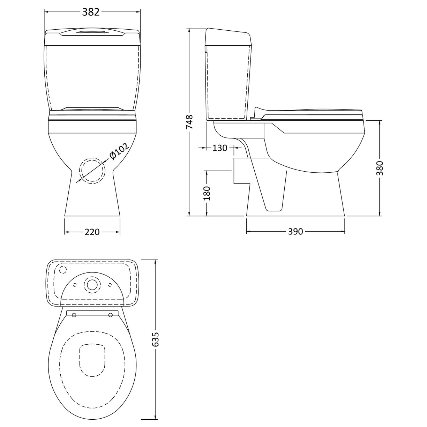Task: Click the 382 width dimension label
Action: (91, 12)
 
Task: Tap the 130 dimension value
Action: (220, 148)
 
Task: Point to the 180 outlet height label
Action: (207, 193)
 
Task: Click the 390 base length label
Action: (295, 232)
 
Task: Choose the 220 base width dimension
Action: (92, 232)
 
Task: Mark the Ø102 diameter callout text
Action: (119, 151)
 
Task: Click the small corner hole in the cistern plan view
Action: (63, 270)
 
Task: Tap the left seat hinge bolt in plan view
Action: (74, 315)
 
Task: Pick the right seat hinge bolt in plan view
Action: (111, 315)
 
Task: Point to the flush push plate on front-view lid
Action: (92, 32)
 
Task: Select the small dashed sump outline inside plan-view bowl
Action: (92, 360)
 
